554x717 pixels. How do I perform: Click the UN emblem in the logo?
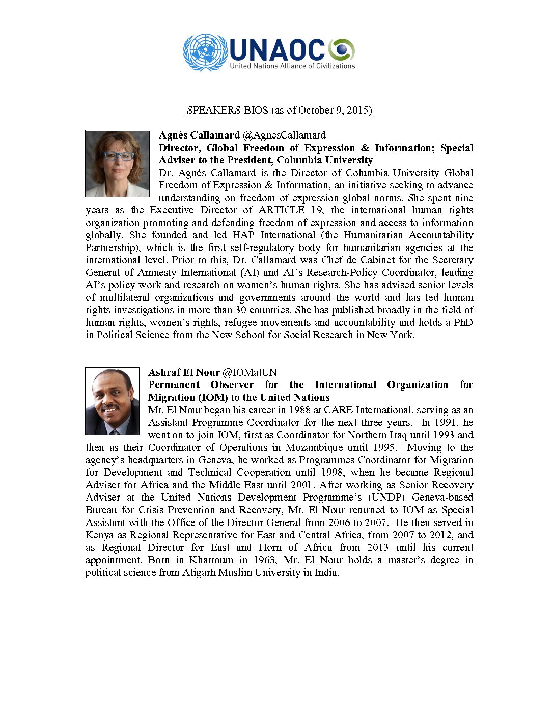(205, 52)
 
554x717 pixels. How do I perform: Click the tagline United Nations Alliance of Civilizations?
(292, 66)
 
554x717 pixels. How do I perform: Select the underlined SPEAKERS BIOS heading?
(279, 110)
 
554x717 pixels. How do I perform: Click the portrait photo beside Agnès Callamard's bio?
(117, 163)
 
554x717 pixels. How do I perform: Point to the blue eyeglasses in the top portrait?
(118, 156)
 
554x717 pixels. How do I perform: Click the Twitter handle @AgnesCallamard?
(284, 135)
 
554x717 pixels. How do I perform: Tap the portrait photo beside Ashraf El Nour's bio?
(112, 401)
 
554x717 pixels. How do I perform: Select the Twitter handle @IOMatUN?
(250, 372)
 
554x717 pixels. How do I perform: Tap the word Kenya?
(100, 535)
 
